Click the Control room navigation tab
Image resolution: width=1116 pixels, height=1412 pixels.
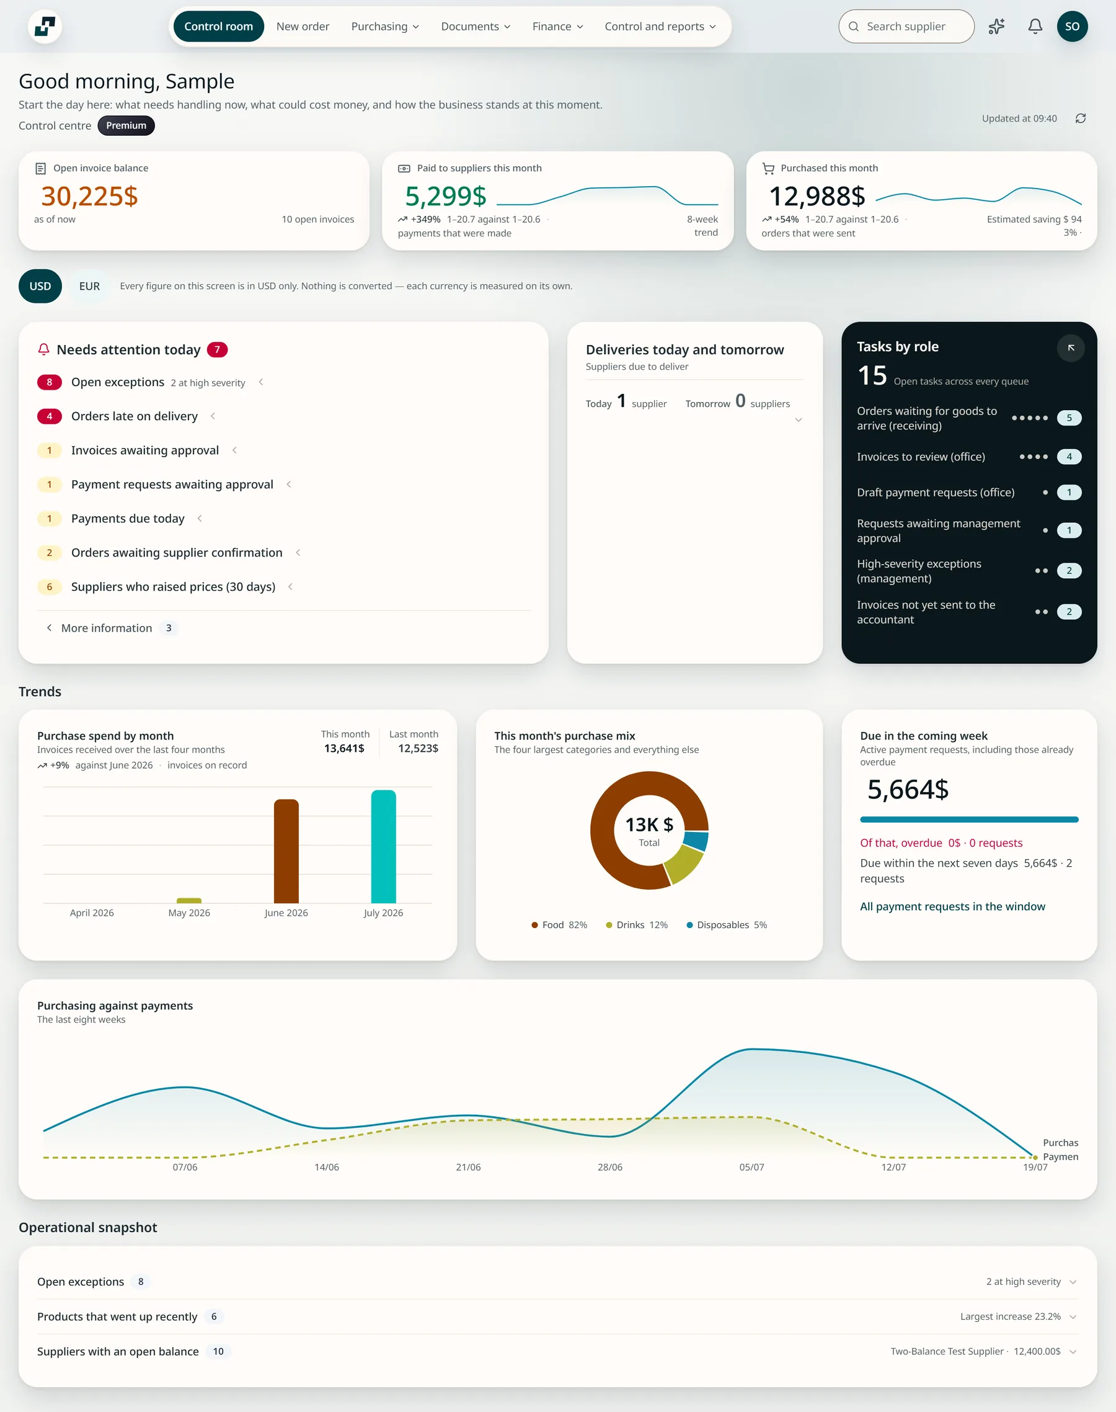[218, 26]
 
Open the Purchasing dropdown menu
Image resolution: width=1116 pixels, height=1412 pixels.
[385, 26]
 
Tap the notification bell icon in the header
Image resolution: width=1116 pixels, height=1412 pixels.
[1035, 26]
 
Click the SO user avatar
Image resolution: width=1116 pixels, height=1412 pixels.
[1072, 26]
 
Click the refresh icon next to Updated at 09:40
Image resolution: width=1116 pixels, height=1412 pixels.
[1081, 118]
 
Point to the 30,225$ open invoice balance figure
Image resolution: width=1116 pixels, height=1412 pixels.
[89, 196]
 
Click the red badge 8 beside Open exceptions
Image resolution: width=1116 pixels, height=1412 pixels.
[49, 382]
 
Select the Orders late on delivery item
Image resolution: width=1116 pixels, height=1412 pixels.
[134, 416]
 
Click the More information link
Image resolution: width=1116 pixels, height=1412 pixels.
[107, 628]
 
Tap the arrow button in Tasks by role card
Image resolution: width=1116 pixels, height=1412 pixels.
[1071, 348]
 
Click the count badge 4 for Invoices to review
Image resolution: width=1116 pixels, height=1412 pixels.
[1069, 457]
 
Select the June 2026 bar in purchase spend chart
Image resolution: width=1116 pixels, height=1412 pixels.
[286, 851]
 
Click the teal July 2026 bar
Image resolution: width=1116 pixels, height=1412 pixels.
[384, 847]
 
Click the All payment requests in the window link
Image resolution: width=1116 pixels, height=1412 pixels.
[952, 906]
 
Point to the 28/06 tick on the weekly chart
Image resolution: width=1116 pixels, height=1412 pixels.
[609, 1167]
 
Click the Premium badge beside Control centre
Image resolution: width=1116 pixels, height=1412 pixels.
[126, 125]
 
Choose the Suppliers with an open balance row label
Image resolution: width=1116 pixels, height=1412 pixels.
[118, 1351]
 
